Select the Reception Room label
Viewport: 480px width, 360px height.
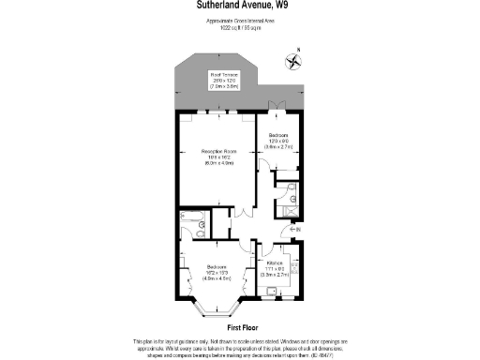[217, 157]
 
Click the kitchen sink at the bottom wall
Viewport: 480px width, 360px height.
[270, 292]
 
